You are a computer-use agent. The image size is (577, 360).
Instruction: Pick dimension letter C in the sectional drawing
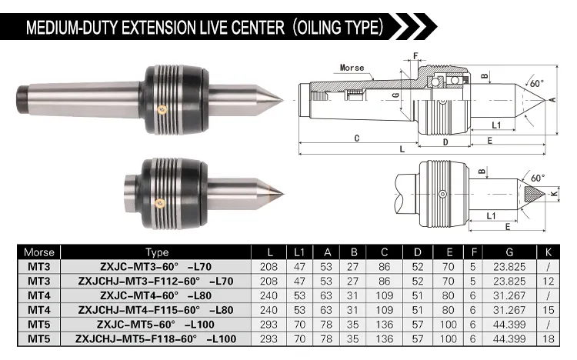tap(358, 138)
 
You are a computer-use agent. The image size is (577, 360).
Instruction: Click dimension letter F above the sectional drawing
tap(415, 56)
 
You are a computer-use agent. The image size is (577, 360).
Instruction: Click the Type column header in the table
tap(157, 252)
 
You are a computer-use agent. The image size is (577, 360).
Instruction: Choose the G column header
tap(509, 252)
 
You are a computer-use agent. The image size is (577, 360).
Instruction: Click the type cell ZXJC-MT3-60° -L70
tap(156, 265)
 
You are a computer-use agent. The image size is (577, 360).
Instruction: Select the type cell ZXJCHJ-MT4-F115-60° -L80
tap(156, 309)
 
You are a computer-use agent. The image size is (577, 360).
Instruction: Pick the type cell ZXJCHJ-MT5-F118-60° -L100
tap(156, 338)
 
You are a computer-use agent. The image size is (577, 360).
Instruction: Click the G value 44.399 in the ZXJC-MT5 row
tap(509, 324)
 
